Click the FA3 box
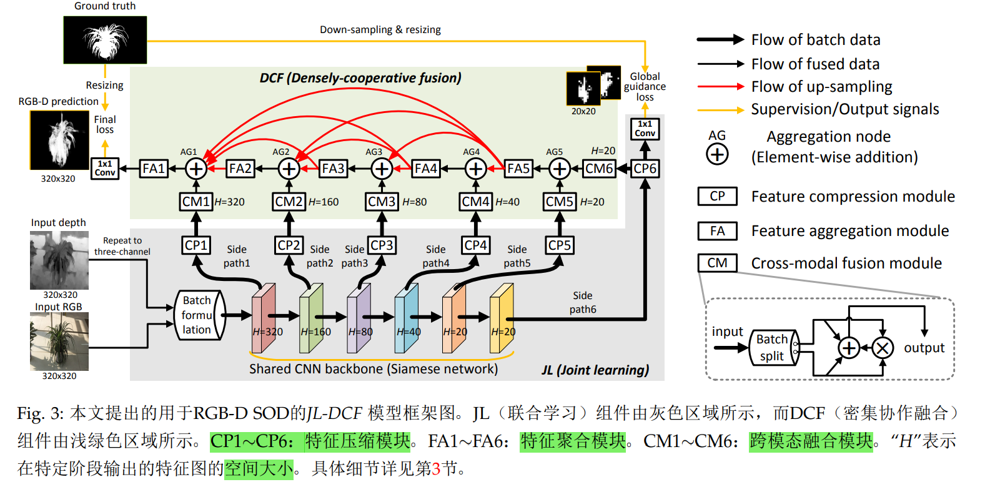pyautogui.click(x=333, y=169)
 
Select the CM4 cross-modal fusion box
pyautogui.click(x=475, y=202)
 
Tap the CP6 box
pyautogui.click(x=645, y=169)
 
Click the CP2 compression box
pyautogui.click(x=289, y=245)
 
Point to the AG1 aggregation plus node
pyautogui.click(x=196, y=169)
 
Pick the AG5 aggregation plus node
pyautogui.click(x=560, y=169)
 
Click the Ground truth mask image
pyautogui.click(x=105, y=40)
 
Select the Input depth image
pyautogui.click(x=59, y=260)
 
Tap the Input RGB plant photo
pyautogui.click(x=59, y=342)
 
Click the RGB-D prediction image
pyautogui.click(x=59, y=140)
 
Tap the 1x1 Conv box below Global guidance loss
pyautogui.click(x=645, y=129)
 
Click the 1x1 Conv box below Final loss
pyautogui.click(x=105, y=169)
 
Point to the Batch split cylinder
pyautogui.click(x=773, y=348)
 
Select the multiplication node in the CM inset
pyautogui.click(x=882, y=348)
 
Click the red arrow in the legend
pyautogui.click(x=720, y=87)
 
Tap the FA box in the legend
pyautogui.click(x=717, y=231)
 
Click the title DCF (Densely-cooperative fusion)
pyautogui.click(x=360, y=78)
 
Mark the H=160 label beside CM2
pyautogui.click(x=324, y=202)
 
